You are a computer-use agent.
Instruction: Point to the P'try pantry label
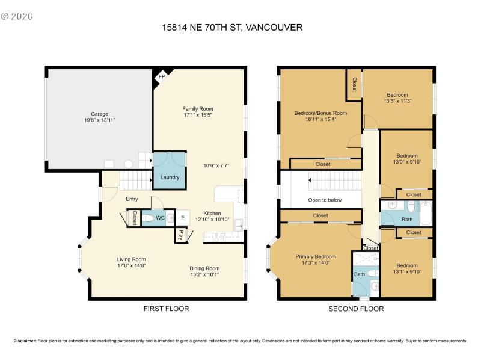(x=180, y=235)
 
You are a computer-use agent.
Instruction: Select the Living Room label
(x=131, y=259)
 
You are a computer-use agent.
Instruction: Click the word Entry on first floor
(x=132, y=199)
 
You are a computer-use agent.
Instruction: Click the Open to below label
(x=325, y=200)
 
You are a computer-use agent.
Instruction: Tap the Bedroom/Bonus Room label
(x=320, y=113)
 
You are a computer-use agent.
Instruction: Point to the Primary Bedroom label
(x=316, y=256)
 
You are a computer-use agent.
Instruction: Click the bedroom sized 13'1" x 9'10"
(x=406, y=268)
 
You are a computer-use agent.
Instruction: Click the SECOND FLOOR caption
(x=356, y=309)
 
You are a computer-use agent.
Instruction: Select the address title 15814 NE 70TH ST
(x=232, y=27)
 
